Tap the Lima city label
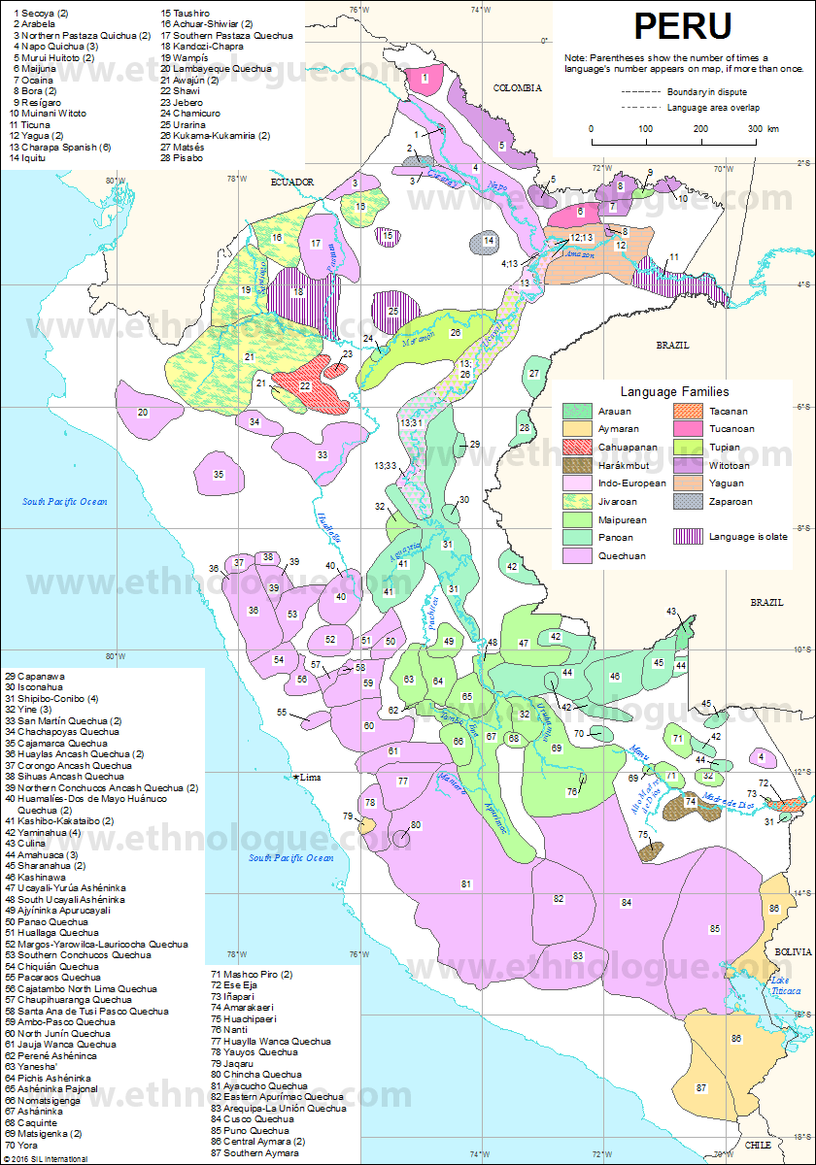point(311,778)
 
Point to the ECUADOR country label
point(292,182)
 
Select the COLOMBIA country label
point(516,87)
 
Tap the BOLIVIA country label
point(787,953)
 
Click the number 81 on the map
point(466,883)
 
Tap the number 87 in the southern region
point(701,1087)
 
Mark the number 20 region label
point(143,413)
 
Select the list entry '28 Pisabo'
point(188,157)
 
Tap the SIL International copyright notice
point(46,1158)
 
